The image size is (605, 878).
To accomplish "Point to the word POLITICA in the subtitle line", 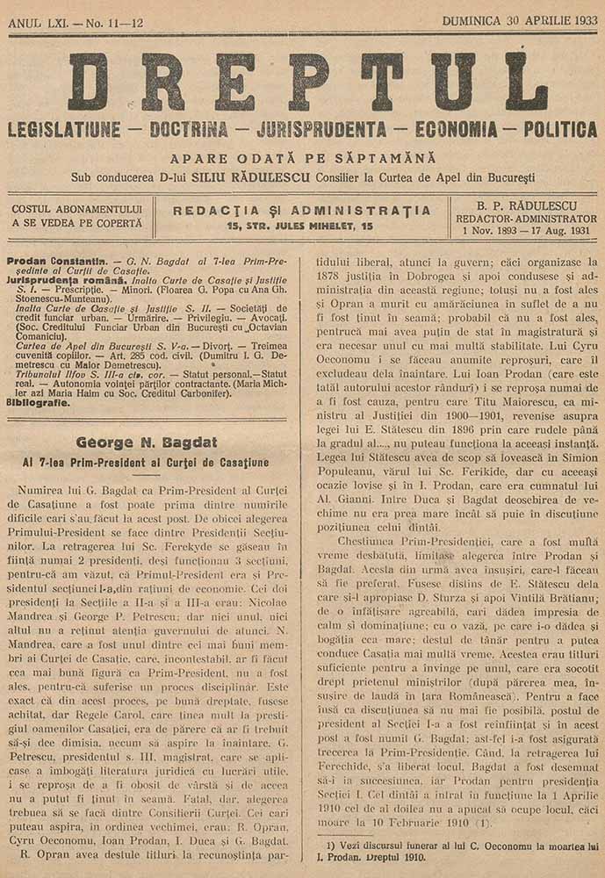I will point(560,130).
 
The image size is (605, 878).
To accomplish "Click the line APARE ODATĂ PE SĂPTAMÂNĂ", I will point(303,159).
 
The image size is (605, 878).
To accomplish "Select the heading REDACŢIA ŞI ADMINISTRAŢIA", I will point(302,211).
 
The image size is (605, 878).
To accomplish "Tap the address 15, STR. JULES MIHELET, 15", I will point(299,227).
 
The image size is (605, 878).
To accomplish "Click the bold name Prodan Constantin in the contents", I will point(58,263).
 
